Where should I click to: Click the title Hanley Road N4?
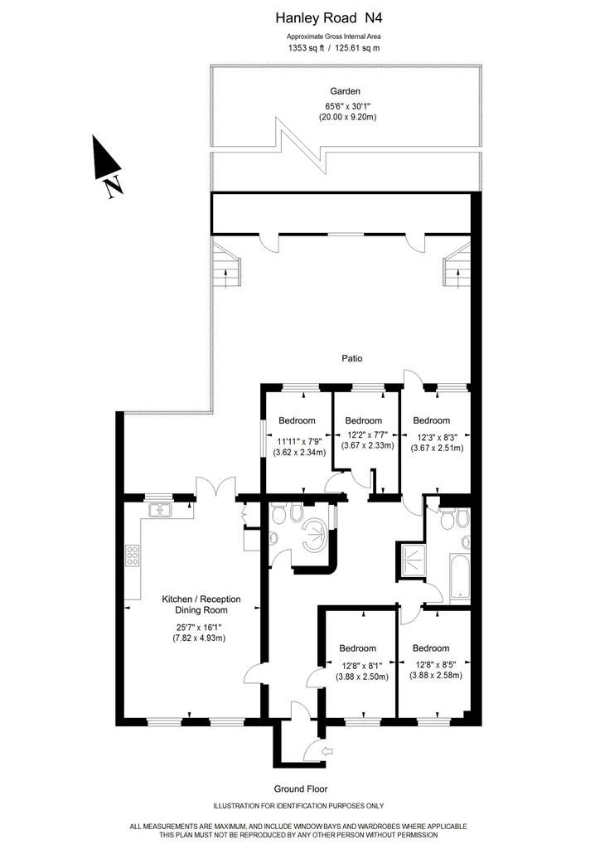coord(329,18)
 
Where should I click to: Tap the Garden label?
coord(346,91)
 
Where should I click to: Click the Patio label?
coord(351,358)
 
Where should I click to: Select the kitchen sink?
coord(160,510)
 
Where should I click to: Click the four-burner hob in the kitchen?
coord(133,555)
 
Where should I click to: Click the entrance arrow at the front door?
coord(328,751)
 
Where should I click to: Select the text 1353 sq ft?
coord(306,47)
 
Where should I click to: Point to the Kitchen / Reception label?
coord(201,599)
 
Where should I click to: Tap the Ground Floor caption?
coord(300,789)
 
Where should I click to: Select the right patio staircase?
coord(457,265)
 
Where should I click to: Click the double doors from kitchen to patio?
coord(215,486)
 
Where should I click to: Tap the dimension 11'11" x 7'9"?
coord(297,441)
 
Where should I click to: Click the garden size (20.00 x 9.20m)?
coord(347,117)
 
